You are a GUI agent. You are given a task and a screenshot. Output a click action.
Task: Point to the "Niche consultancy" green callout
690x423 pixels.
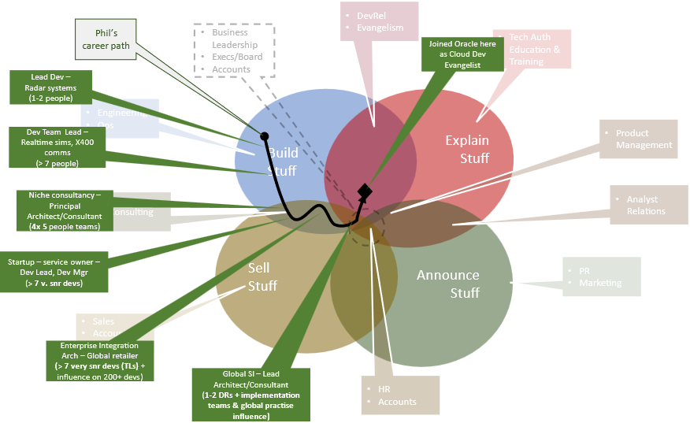[x=65, y=210]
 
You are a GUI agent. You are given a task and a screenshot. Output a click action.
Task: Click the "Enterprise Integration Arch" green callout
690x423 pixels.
[x=99, y=360]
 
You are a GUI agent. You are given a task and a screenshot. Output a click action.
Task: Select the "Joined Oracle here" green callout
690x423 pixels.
[x=462, y=54]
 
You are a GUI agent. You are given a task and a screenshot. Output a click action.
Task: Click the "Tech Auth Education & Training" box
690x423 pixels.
[x=532, y=49]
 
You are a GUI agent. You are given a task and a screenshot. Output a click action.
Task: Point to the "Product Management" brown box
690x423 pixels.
[x=638, y=139]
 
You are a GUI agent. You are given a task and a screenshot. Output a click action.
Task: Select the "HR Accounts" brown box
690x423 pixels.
[x=399, y=395]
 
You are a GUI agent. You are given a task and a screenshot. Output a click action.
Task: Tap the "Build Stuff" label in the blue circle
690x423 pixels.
[x=283, y=161]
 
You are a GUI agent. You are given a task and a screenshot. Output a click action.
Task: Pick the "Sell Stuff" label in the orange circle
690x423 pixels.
[x=262, y=276]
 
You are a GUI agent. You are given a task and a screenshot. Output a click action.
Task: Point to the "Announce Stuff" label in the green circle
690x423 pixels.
[x=448, y=284]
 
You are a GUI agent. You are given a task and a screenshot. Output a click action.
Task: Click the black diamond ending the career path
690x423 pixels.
[x=364, y=191]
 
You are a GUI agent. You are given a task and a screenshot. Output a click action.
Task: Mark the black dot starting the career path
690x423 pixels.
[x=265, y=136]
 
